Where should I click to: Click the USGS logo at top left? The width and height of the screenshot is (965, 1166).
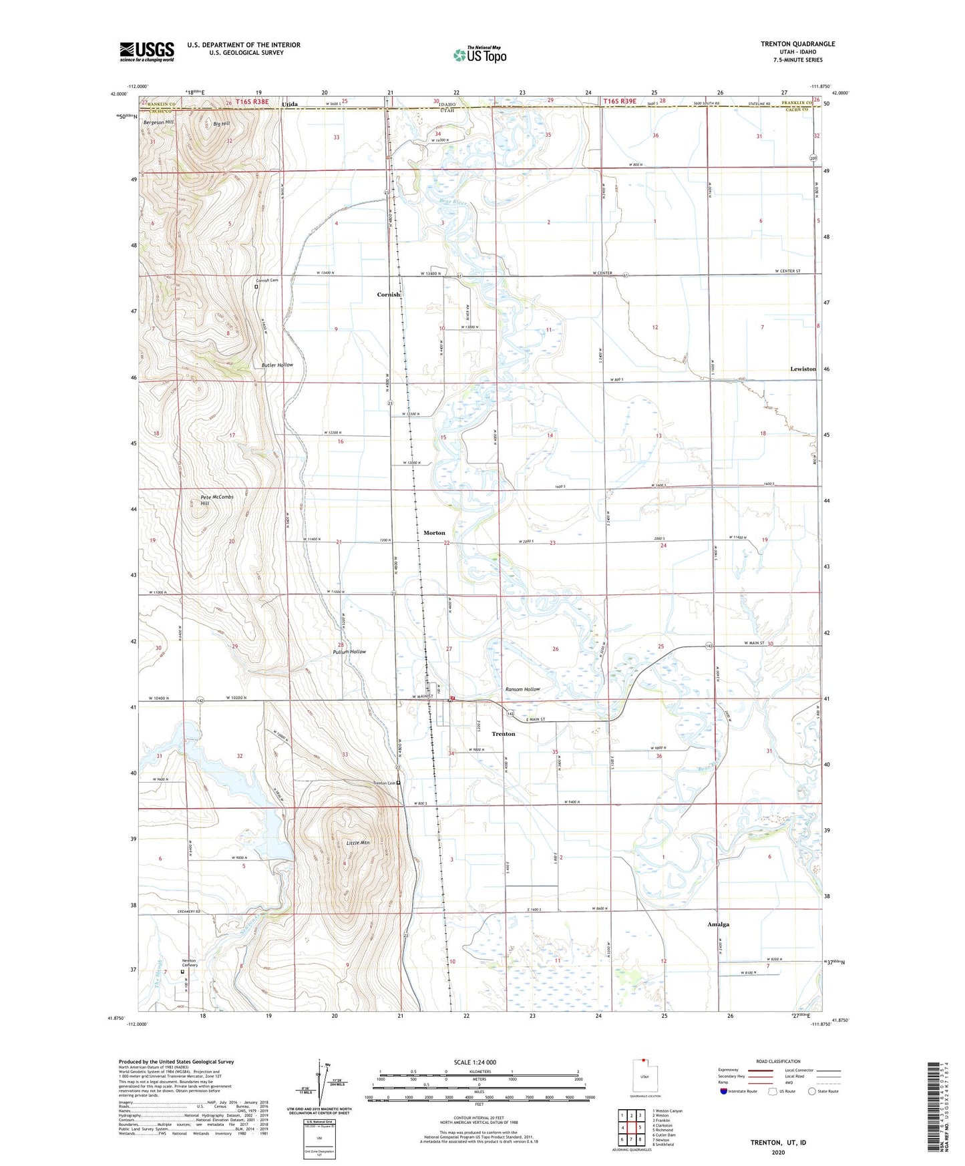click(x=147, y=51)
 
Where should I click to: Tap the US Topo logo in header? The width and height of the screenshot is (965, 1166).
click(x=479, y=55)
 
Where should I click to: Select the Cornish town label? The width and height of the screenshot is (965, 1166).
click(x=389, y=295)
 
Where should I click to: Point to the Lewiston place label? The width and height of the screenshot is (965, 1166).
click(x=803, y=369)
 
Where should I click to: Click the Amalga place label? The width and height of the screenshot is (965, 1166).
click(x=719, y=924)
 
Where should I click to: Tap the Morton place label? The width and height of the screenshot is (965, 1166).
click(x=434, y=533)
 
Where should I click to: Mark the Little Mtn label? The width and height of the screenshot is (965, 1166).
click(x=358, y=843)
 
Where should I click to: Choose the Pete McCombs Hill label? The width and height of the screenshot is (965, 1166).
click(x=217, y=500)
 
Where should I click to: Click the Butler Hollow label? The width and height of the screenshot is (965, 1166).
click(x=277, y=365)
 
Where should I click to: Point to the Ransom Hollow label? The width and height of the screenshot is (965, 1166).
click(x=522, y=689)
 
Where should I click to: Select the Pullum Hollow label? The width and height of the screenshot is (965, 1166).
click(x=349, y=652)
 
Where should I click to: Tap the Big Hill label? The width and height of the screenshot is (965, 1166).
click(x=222, y=124)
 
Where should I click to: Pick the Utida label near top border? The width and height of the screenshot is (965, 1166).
click(x=290, y=104)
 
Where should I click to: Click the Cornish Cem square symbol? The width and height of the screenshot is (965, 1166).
click(x=256, y=286)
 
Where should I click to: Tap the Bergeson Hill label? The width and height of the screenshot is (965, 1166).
click(x=158, y=123)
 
